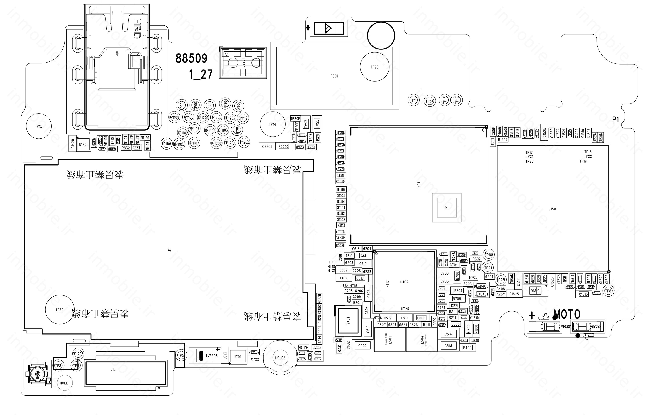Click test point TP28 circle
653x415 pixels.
[375, 67]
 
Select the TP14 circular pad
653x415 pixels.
[272, 124]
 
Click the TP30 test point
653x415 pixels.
[60, 310]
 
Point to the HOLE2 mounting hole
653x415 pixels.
[280, 358]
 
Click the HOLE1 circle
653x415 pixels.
[65, 383]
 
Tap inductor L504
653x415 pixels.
[422, 339]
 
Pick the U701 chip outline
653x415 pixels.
[237, 357]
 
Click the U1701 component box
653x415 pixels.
[83, 144]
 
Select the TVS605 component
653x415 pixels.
[209, 356]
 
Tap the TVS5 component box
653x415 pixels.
[317, 124]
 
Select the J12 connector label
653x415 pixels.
[113, 369]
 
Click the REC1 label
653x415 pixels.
[334, 76]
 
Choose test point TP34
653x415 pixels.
[430, 101]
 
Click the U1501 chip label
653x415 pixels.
[553, 209]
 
